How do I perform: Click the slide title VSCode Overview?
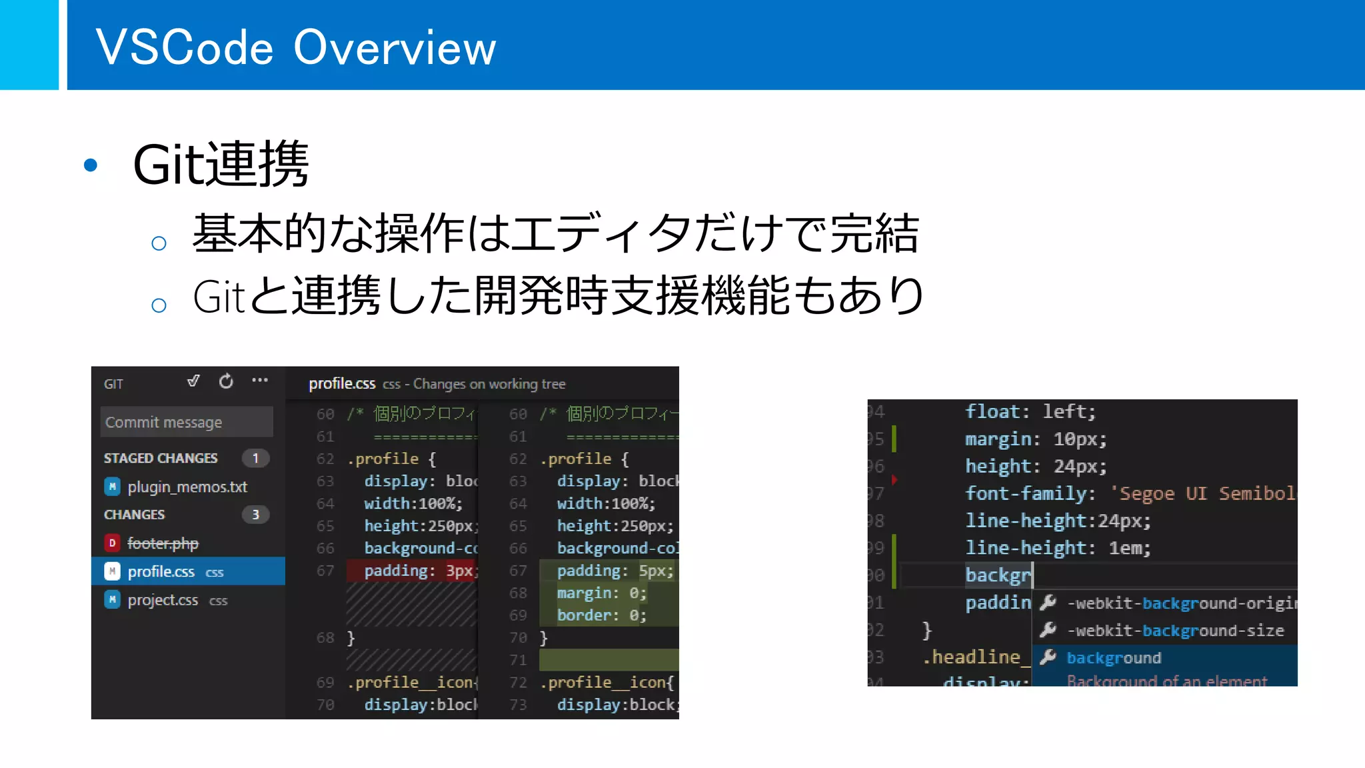point(295,47)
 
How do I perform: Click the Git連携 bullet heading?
point(220,164)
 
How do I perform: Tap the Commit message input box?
point(186,422)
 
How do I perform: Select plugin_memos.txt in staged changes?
point(187,487)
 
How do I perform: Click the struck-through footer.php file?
point(163,543)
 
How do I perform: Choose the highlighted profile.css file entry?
point(161,571)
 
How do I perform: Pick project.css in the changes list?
point(163,600)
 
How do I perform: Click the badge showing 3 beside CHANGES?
point(255,515)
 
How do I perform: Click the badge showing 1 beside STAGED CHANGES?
point(255,458)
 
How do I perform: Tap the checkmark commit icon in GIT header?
point(193,381)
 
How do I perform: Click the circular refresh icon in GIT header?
point(226,381)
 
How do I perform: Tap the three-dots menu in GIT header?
point(259,381)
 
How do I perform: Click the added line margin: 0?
point(601,593)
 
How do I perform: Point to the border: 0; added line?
point(601,615)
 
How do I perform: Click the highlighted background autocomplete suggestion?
point(1114,658)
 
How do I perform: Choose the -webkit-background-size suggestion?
point(1176,631)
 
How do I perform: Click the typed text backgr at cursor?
point(998,575)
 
